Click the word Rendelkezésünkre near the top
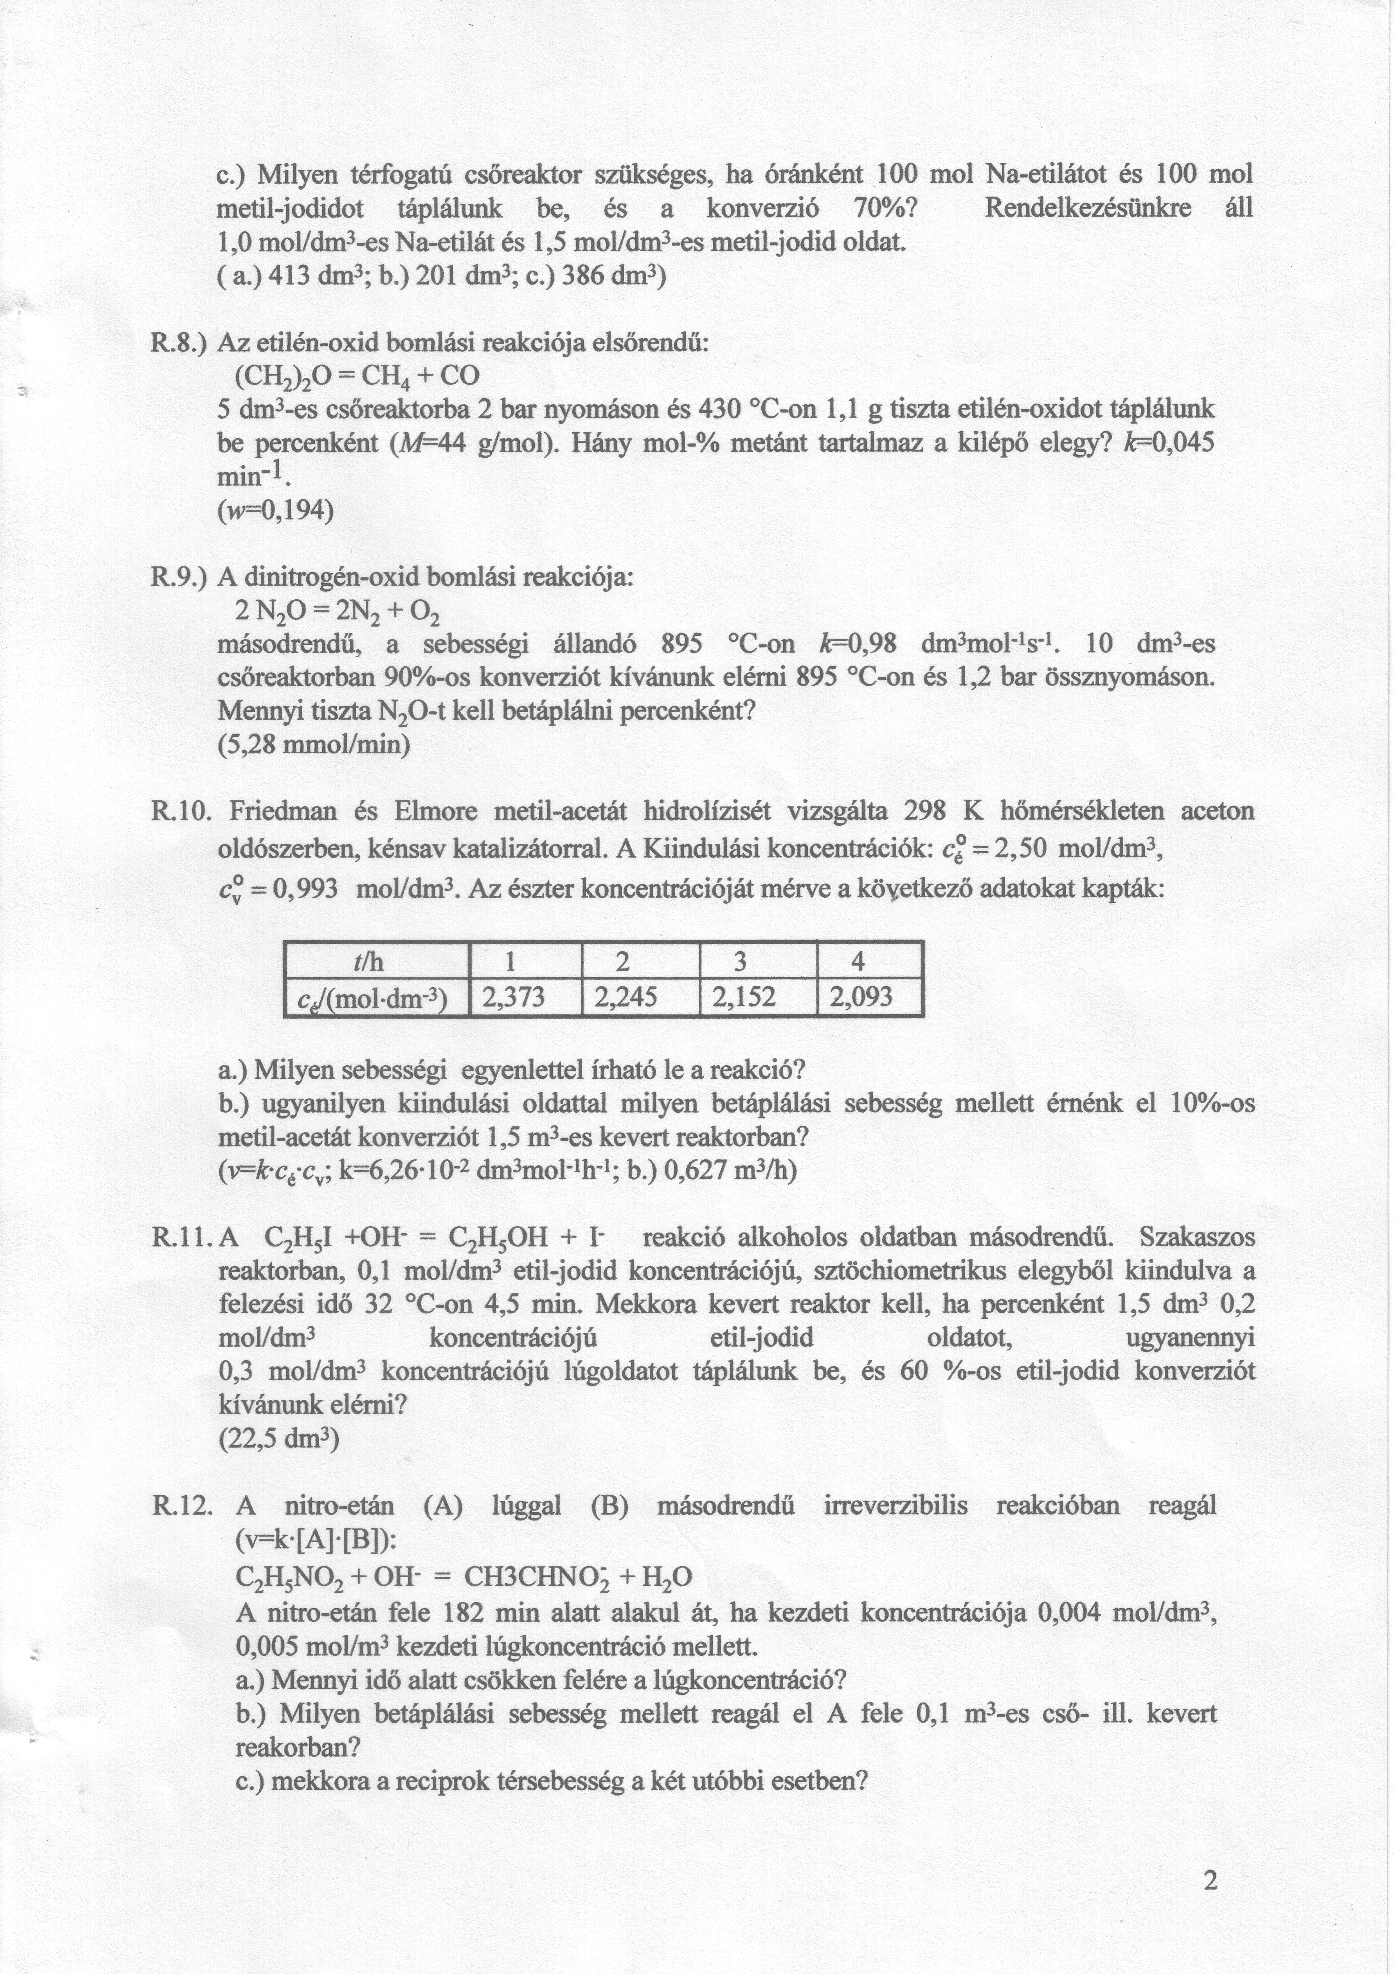(1087, 208)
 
